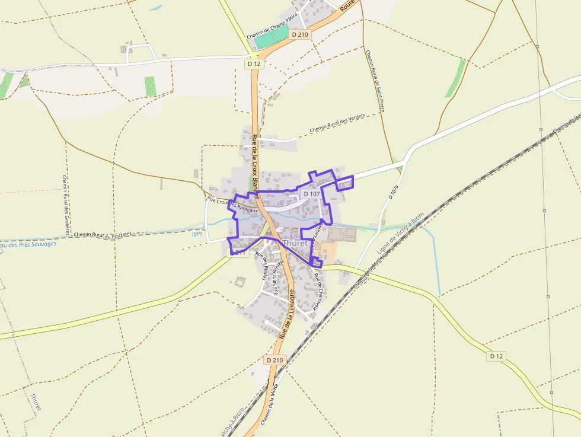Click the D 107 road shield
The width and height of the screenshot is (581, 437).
pos(311,194)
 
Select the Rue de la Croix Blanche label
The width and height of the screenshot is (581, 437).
pos(256,160)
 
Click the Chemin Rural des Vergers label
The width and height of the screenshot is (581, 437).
pos(337,123)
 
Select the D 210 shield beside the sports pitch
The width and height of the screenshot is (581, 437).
pos(301,35)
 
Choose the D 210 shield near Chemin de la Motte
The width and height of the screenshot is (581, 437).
pos(276,360)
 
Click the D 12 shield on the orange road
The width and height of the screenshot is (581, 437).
pos(254,63)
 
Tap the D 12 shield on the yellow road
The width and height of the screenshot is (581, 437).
pos(496,356)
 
